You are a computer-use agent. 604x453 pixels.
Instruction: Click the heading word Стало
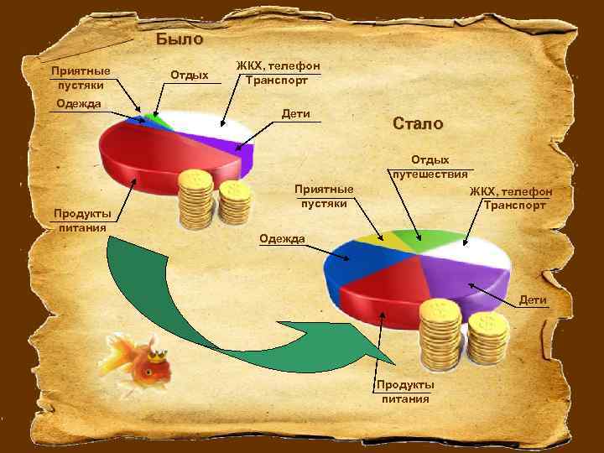(417, 123)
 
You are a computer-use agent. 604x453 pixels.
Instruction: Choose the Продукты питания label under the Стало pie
(405, 391)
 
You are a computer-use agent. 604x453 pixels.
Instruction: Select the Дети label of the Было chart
(296, 113)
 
